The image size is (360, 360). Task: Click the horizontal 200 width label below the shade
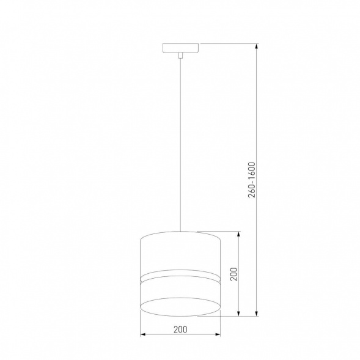(180, 329)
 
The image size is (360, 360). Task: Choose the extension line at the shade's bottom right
(229, 316)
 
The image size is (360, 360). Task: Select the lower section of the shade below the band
(180, 291)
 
